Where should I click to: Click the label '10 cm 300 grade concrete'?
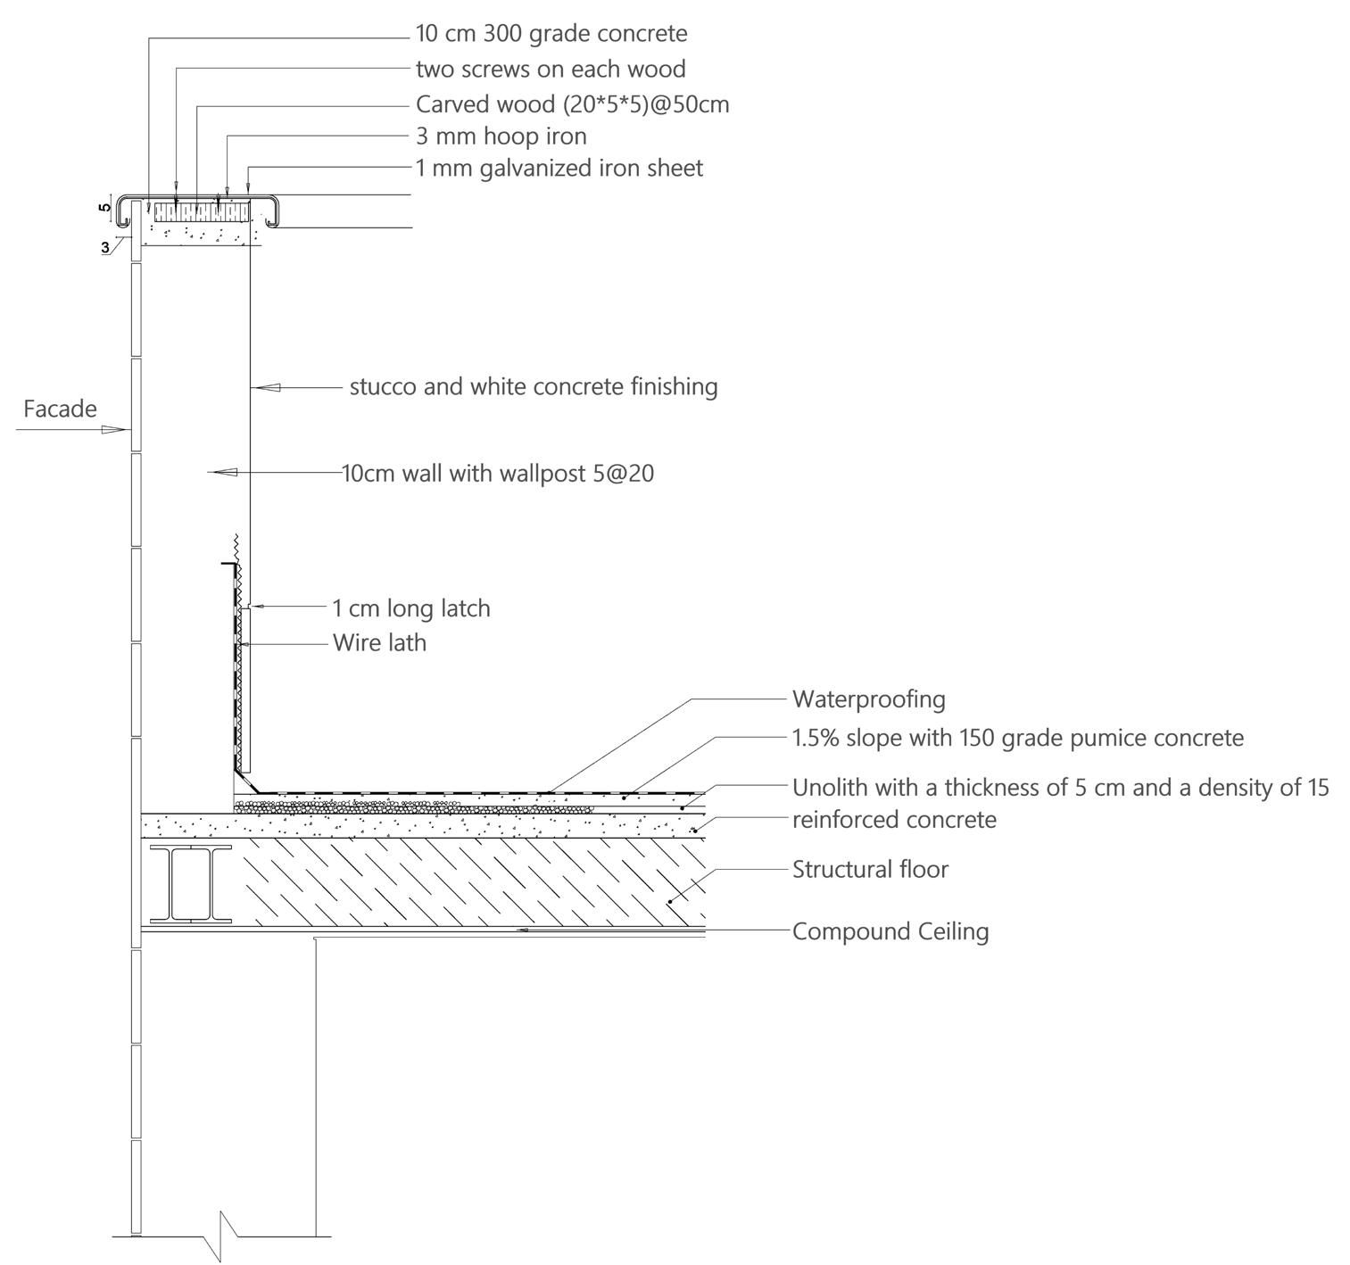pyautogui.click(x=551, y=34)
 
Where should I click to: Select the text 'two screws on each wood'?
pyautogui.click(x=551, y=69)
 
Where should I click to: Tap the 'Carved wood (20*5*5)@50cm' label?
pyautogui.click(x=572, y=104)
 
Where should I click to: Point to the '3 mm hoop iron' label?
pyautogui.click(x=501, y=136)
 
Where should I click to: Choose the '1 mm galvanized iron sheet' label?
pyautogui.click(x=559, y=168)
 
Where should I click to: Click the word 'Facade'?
pyautogui.click(x=60, y=409)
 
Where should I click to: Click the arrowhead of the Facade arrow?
pyautogui.click(x=113, y=430)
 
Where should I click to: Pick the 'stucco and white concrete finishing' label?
pyautogui.click(x=534, y=386)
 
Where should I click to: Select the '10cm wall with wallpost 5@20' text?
pyautogui.click(x=498, y=473)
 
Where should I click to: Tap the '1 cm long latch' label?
pyautogui.click(x=411, y=608)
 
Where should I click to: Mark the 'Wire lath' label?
pyautogui.click(x=379, y=642)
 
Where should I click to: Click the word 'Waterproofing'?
pyautogui.click(x=868, y=699)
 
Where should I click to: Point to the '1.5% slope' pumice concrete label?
pyautogui.click(x=1017, y=738)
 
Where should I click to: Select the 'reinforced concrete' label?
pyautogui.click(x=894, y=819)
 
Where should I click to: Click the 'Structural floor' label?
pyautogui.click(x=870, y=869)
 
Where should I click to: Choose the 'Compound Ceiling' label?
pyautogui.click(x=890, y=931)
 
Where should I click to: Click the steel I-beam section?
pyautogui.click(x=191, y=884)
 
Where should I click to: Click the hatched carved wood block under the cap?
pyautogui.click(x=202, y=212)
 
